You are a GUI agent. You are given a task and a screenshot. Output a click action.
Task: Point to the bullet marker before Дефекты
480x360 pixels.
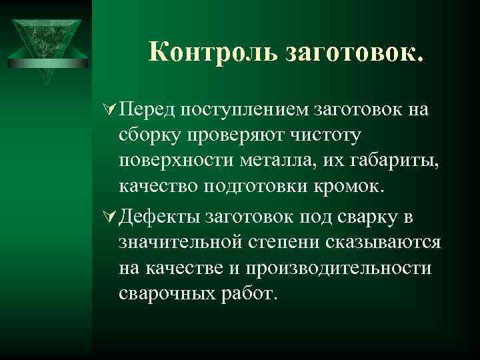(x=110, y=217)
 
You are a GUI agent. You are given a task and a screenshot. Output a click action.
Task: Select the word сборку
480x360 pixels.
(x=148, y=137)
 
